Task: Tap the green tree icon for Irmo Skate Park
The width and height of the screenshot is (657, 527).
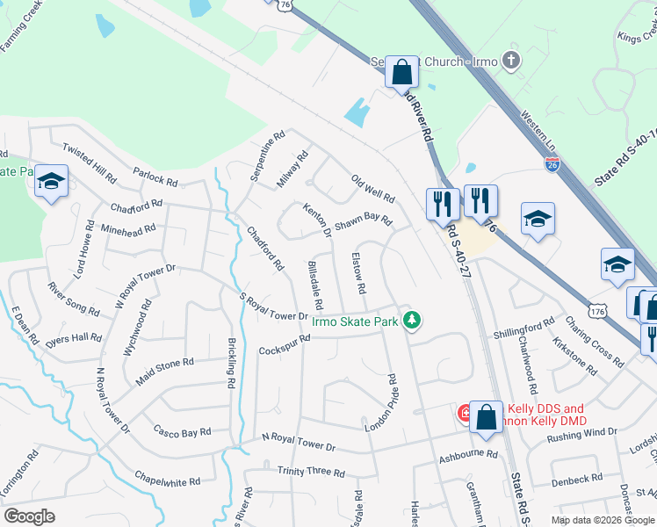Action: point(411,321)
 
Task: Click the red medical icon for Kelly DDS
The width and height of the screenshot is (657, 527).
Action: point(464,411)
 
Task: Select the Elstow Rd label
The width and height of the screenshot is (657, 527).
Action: point(357,273)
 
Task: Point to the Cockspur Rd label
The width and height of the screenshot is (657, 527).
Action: point(285,345)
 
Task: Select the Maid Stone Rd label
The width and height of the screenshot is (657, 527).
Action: point(164,363)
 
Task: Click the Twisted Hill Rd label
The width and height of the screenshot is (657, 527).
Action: point(89,164)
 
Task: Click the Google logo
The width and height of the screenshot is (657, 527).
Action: point(30,516)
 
